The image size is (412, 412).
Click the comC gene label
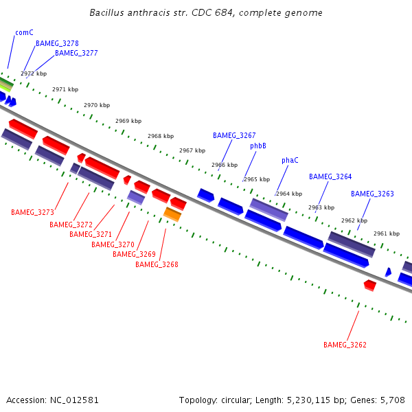(24, 32)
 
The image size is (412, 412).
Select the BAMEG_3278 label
(57, 43)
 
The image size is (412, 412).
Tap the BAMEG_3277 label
(76, 53)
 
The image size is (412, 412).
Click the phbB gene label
(258, 146)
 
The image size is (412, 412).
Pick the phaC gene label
(290, 160)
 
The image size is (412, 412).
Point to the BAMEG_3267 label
(234, 135)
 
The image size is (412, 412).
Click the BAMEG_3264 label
(330, 176)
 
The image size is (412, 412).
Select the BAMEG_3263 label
(372, 194)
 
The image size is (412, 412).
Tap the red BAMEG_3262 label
(345, 344)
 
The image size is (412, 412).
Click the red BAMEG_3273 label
(32, 212)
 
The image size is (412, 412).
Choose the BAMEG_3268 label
(157, 264)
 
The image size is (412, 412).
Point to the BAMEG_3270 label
(113, 244)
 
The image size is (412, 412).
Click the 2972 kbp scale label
(34, 73)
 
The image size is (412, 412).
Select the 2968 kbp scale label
(161, 136)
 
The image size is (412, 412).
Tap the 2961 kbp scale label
(387, 233)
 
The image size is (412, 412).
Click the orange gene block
(172, 215)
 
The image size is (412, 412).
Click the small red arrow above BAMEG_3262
(370, 284)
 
